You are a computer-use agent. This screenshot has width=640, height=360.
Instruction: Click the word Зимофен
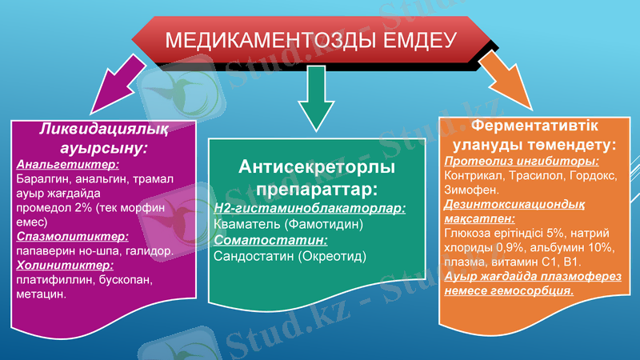(x=470, y=190)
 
